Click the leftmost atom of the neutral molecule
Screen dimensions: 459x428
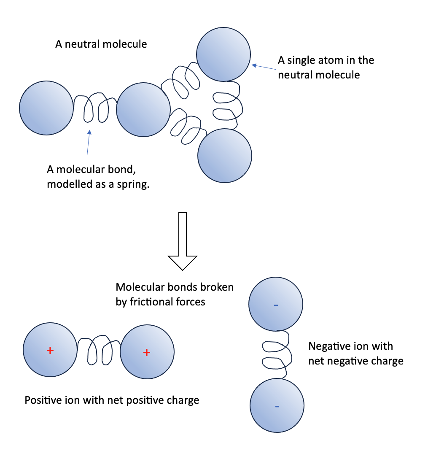[46, 108]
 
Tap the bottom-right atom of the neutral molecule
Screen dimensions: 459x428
[225, 155]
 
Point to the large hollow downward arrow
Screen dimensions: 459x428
[183, 241]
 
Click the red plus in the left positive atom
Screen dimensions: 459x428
[50, 350]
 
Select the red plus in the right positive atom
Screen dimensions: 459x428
[147, 352]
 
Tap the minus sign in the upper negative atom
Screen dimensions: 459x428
[276, 305]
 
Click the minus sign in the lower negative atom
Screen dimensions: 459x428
[277, 406]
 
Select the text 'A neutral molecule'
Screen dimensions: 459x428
[101, 44]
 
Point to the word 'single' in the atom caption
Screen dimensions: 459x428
[304, 60]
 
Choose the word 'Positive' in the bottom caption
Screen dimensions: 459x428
[43, 400]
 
